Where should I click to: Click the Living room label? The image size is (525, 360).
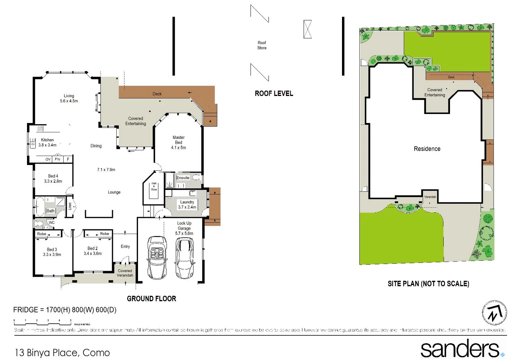click(69, 98)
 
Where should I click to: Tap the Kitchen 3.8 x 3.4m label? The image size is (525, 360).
click(47, 142)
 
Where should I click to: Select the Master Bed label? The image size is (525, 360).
click(178, 142)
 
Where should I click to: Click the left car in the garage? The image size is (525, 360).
click(157, 257)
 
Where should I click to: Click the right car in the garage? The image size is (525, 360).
click(184, 257)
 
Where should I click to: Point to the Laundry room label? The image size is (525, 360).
click(187, 204)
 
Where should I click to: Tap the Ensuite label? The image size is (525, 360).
click(183, 178)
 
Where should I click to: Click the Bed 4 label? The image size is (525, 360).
click(53, 179)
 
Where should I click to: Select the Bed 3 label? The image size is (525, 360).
click(52, 252)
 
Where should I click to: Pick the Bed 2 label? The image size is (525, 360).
click(93, 251)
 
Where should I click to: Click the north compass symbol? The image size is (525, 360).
click(494, 313)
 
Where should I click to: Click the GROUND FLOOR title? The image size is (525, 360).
click(151, 299)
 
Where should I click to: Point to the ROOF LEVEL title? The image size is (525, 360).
click(274, 94)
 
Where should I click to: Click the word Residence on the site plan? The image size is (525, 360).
click(427, 149)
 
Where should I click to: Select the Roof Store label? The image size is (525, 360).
click(262, 45)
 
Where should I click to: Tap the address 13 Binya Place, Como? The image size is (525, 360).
click(62, 353)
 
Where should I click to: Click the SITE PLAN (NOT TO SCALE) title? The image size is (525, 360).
click(428, 284)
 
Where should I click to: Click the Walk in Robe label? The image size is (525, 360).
click(154, 186)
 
